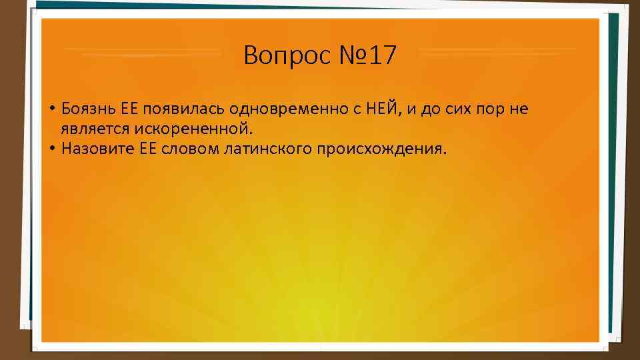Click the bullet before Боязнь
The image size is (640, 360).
click(51, 109)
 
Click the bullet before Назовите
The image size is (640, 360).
click(51, 147)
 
